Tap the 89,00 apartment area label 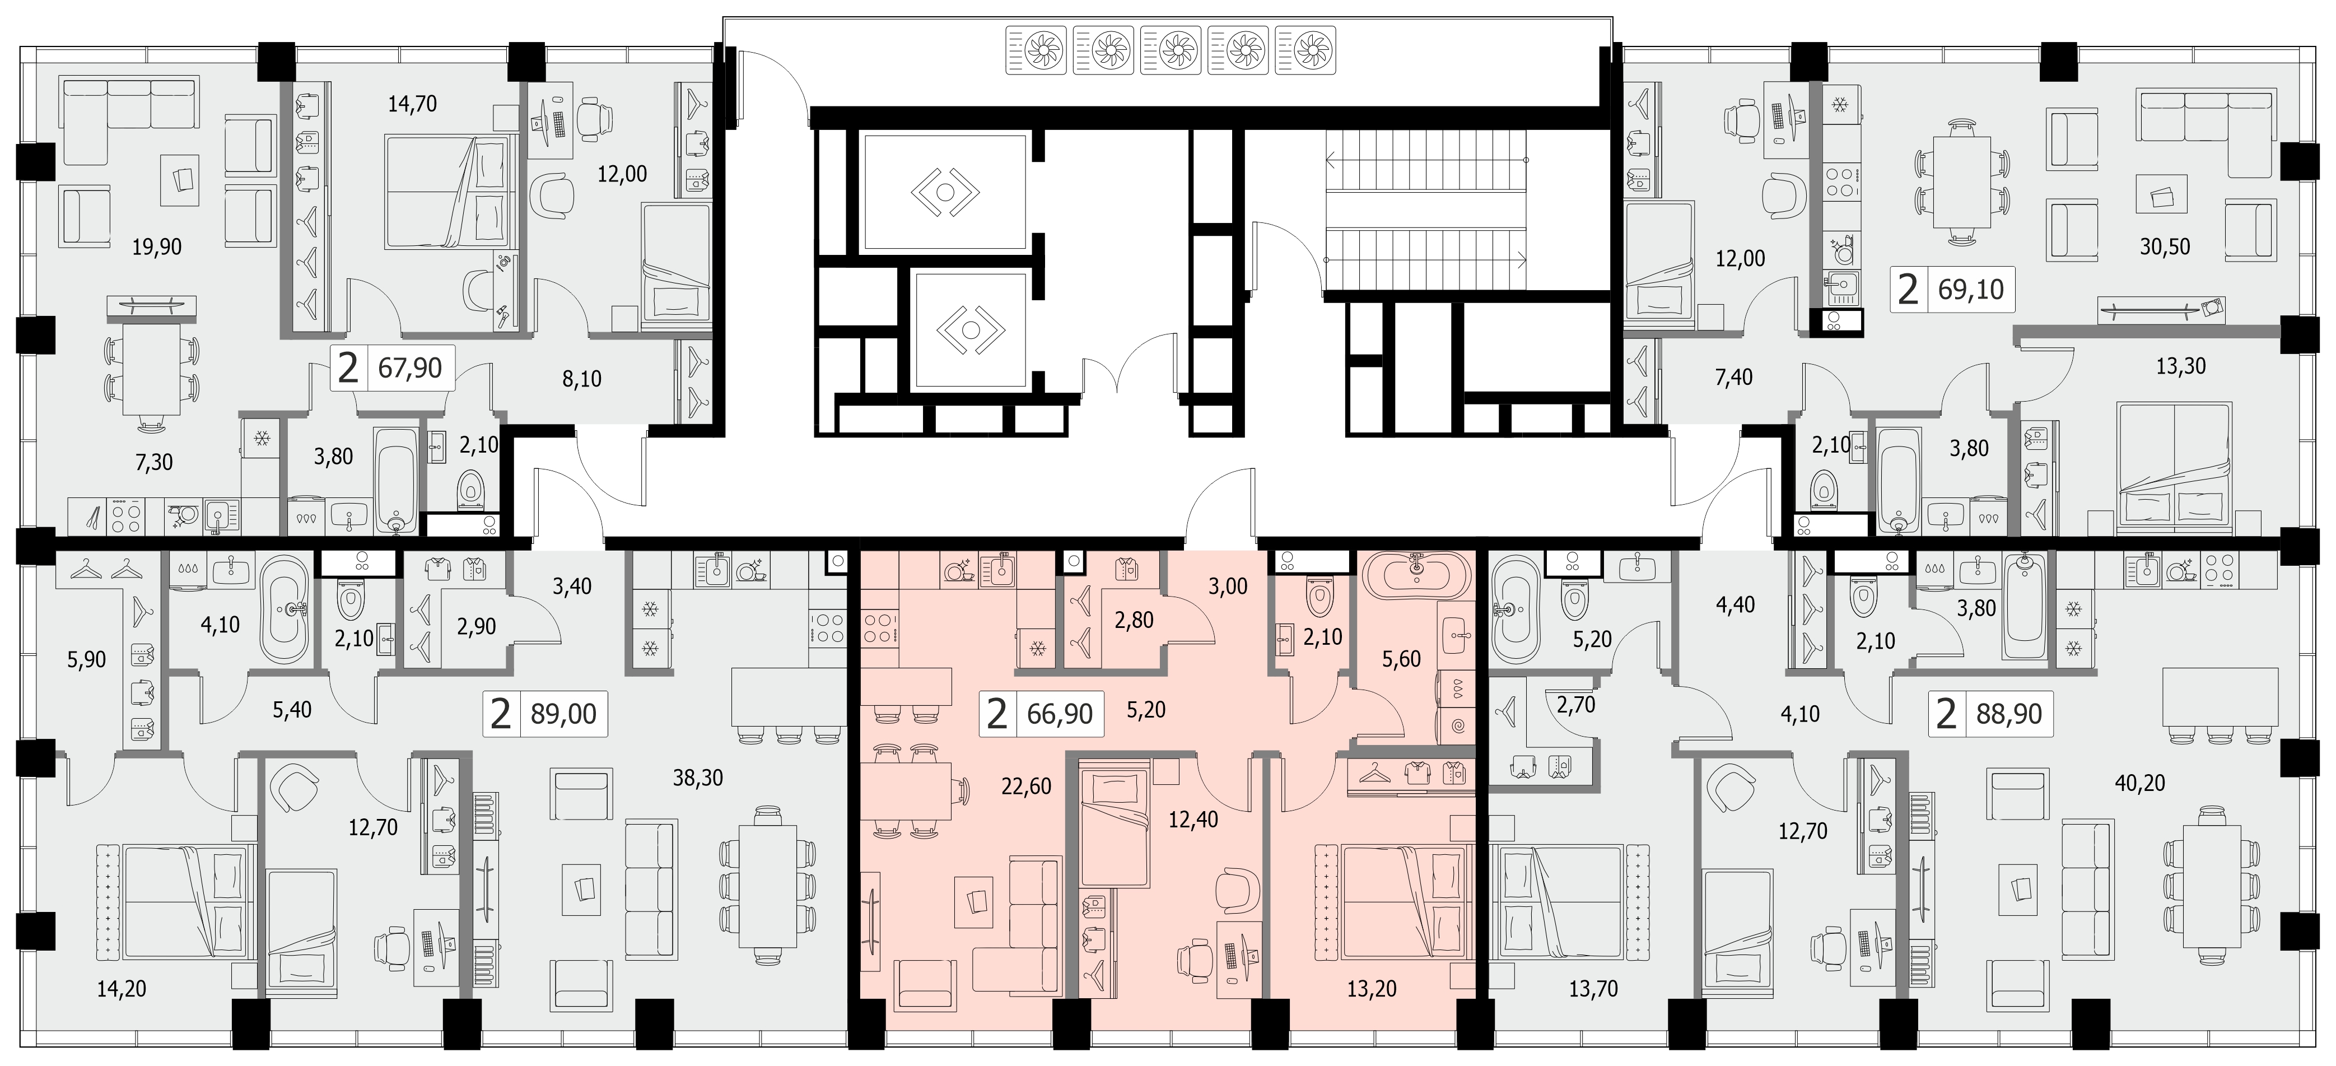tap(563, 713)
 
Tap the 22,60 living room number tap(1027, 786)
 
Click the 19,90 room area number tap(157, 247)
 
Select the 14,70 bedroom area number tap(413, 104)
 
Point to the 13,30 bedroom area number tap(2181, 366)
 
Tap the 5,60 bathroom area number tap(1401, 659)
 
